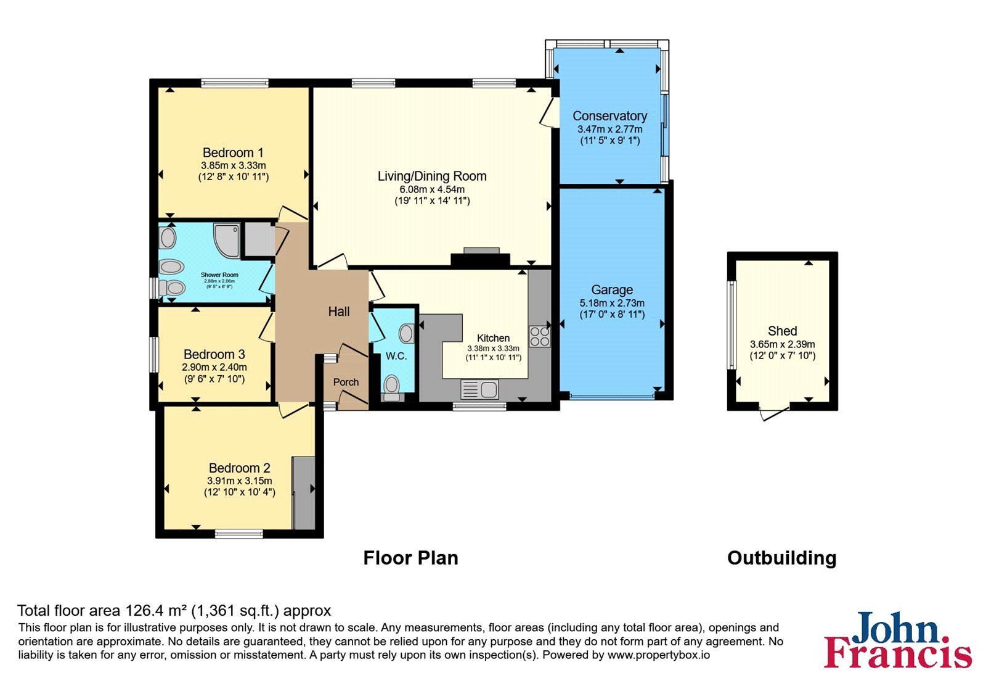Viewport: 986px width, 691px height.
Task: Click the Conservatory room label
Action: [x=609, y=116]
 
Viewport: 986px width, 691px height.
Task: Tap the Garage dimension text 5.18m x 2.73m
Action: [x=612, y=303]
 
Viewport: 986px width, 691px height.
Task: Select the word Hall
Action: [x=339, y=312]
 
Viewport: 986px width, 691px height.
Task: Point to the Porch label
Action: [x=346, y=382]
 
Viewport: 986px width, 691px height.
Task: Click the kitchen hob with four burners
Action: [x=539, y=337]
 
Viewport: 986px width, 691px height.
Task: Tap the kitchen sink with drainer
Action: [x=480, y=389]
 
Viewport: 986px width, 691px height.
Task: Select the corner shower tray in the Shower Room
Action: [x=227, y=241]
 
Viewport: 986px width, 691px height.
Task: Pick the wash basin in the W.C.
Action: [x=406, y=334]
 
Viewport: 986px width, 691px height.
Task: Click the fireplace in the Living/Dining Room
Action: [x=481, y=257]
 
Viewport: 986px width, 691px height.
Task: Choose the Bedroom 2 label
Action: [x=240, y=468]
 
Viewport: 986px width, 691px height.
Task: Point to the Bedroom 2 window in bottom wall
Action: [x=239, y=534]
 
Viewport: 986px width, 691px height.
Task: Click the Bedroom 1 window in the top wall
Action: [x=235, y=83]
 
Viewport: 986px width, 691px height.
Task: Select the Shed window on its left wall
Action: [x=731, y=325]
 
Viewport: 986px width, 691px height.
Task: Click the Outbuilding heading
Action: [x=782, y=558]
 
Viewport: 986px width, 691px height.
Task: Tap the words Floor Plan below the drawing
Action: [x=410, y=558]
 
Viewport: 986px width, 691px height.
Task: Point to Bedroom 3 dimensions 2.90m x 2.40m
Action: [x=214, y=367]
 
